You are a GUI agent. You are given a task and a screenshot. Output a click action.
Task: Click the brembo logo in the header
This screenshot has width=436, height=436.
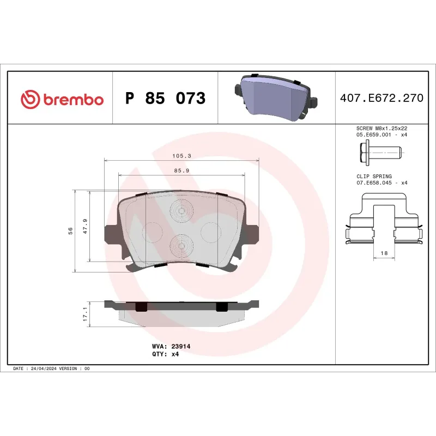click(x=62, y=99)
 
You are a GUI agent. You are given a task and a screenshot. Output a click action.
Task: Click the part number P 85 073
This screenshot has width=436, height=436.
click(x=165, y=99)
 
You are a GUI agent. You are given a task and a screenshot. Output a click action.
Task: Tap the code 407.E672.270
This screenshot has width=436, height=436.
click(x=381, y=99)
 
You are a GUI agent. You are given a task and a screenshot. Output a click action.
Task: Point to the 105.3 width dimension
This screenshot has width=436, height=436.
click(x=181, y=156)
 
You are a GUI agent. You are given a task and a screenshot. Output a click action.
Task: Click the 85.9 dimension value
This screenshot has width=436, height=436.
click(x=181, y=171)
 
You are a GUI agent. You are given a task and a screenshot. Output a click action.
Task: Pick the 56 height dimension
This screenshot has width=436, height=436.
click(x=69, y=231)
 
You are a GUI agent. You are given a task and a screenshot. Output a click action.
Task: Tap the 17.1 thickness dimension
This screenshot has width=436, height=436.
click(x=85, y=314)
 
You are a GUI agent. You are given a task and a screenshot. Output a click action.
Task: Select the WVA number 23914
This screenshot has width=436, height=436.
click(x=180, y=346)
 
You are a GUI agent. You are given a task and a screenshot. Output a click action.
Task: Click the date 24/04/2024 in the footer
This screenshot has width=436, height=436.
click(x=44, y=369)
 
